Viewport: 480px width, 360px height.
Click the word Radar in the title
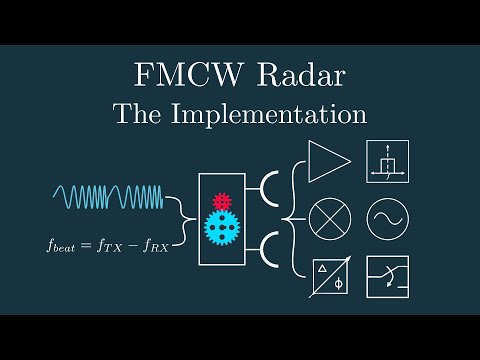pyautogui.click(x=295, y=75)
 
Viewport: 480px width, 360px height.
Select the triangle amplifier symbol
pyautogui.click(x=327, y=162)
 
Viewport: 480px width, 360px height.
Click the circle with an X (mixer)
pyautogui.click(x=328, y=217)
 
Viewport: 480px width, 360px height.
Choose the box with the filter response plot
pyautogui.click(x=387, y=162)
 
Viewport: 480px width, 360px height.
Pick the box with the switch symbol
pyautogui.click(x=387, y=275)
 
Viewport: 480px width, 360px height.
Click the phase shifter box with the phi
pyautogui.click(x=328, y=275)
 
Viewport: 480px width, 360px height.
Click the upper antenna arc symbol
pyautogui.click(x=267, y=188)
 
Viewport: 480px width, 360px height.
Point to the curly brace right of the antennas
pyautogui.click(x=295, y=217)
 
